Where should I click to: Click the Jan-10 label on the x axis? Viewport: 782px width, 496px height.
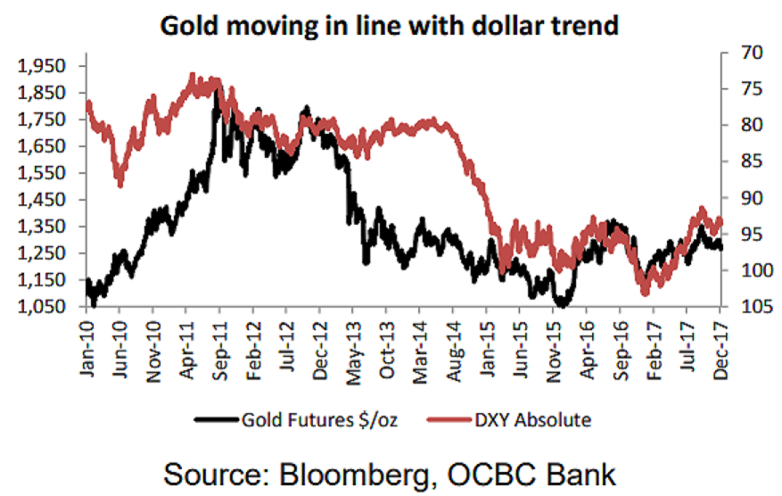click(x=86, y=342)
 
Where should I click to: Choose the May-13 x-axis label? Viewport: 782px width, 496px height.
click(x=354, y=342)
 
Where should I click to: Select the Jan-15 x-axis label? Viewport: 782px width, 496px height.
click(x=486, y=342)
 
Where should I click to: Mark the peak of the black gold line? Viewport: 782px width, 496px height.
click(x=217, y=90)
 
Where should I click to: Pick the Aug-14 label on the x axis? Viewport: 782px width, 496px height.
click(x=453, y=342)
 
